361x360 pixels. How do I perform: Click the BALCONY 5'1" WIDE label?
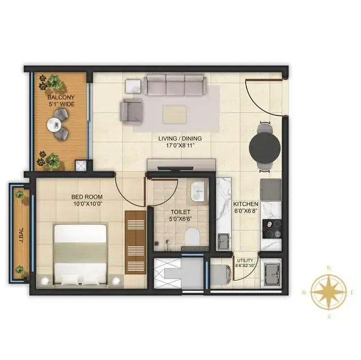click(x=61, y=101)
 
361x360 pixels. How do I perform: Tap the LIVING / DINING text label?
click(x=180, y=138)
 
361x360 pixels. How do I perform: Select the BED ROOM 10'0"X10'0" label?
click(x=87, y=200)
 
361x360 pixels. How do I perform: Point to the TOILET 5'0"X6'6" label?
click(x=181, y=215)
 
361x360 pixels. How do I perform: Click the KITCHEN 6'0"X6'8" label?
click(x=245, y=207)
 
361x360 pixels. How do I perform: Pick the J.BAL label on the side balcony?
click(x=22, y=235)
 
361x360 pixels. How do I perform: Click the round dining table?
click(x=265, y=146)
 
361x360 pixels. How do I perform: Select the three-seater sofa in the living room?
click(x=175, y=85)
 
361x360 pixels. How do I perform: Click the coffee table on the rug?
click(x=174, y=115)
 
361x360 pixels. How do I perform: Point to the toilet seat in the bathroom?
click(x=192, y=237)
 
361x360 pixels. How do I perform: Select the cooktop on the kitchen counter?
click(x=272, y=229)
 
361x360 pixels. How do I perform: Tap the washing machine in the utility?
click(x=221, y=275)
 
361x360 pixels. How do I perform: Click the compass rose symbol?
click(x=329, y=292)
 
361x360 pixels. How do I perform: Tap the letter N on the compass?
click(x=329, y=268)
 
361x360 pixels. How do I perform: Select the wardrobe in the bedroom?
click(x=136, y=242)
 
